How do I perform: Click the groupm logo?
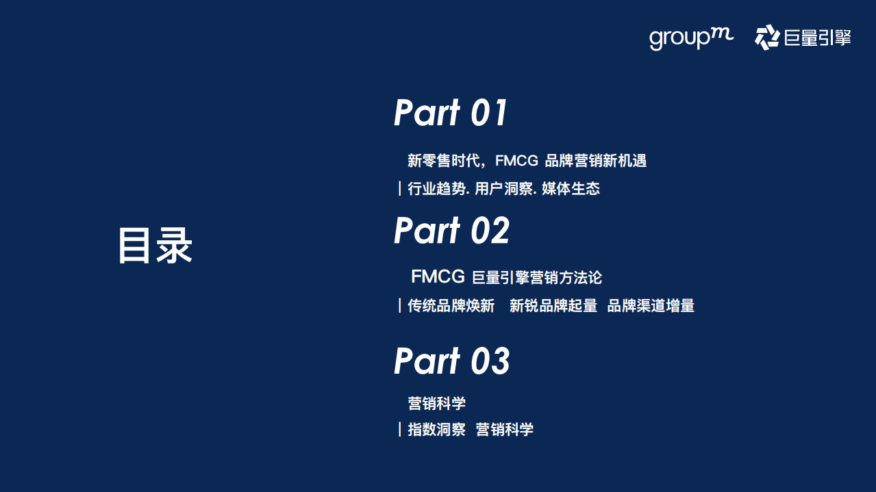[690, 38]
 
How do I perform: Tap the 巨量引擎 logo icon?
[766, 37]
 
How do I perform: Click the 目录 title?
[155, 245]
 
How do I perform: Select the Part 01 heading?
[451, 113]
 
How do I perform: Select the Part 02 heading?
[451, 231]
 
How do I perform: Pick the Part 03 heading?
[451, 361]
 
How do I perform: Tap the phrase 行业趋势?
[436, 189]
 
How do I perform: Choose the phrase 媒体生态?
[571, 189]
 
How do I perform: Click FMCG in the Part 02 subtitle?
[438, 277]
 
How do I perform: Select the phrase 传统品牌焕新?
[451, 306]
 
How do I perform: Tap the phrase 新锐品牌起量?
[553, 306]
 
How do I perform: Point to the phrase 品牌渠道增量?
[651, 306]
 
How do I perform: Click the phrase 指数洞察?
[436, 430]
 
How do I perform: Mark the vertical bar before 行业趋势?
[399, 189]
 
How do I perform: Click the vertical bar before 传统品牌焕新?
[399, 306]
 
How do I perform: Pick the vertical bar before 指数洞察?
[399, 430]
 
